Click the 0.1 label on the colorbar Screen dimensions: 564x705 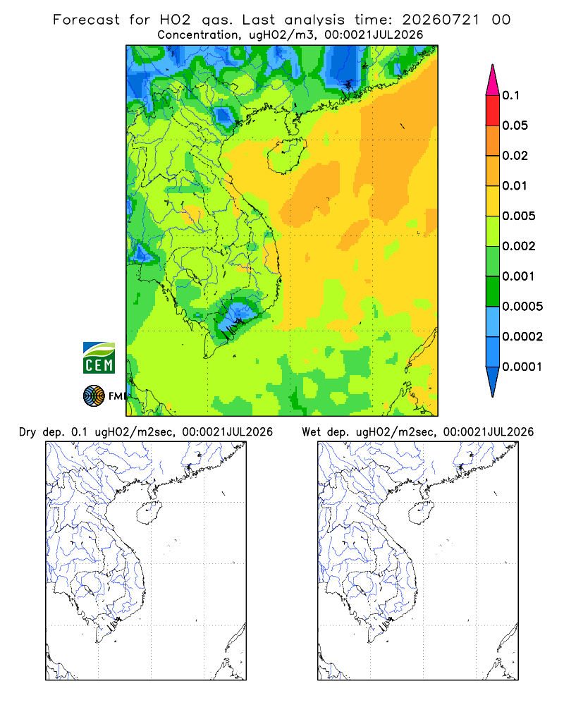pos(510,95)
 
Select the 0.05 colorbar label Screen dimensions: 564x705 pos(515,125)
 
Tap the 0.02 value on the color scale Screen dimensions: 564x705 pos(515,156)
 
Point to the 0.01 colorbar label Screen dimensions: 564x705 pos(515,185)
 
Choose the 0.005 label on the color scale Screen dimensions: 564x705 pos(519,216)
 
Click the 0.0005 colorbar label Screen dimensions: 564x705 pos(522,306)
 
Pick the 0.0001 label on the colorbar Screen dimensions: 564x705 pos(522,367)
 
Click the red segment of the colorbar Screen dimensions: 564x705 pos(493,110)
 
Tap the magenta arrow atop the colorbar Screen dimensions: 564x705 pos(493,80)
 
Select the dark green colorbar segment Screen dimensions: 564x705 pos(493,291)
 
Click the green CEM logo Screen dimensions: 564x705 pos(99,357)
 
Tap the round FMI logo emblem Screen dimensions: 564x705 pos(94,396)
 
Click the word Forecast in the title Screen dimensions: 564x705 pos(86,20)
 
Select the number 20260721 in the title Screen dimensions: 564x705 pos(441,20)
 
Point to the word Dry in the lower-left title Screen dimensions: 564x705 pos(27,432)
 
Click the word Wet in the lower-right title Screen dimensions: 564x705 pos(311,432)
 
